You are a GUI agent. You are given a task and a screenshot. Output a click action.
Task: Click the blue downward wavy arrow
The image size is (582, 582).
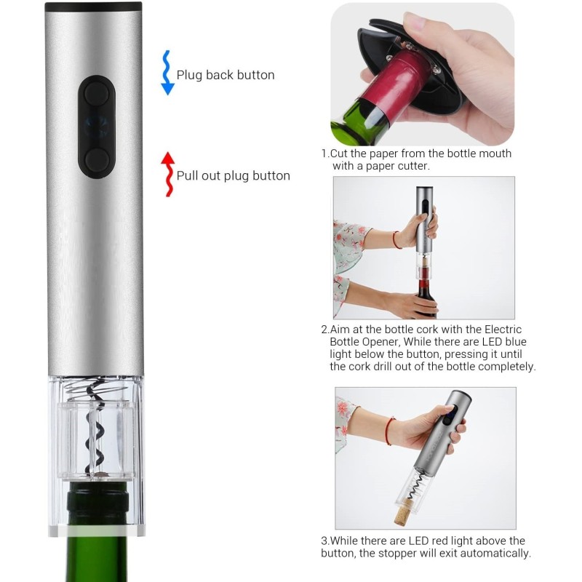click(x=167, y=73)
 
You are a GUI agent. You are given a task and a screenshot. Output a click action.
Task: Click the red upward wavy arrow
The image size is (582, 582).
click(x=169, y=174)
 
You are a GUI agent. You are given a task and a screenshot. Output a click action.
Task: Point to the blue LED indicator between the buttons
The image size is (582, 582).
click(x=96, y=127)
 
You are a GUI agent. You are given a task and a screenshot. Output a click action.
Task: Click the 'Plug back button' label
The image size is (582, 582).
click(x=226, y=75)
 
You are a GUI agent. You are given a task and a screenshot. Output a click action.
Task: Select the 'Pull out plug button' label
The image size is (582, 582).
click(x=233, y=176)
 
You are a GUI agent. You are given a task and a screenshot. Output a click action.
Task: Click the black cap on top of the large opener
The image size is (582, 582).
click(x=93, y=6)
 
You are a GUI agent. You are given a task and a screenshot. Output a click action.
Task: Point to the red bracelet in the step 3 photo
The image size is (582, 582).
click(x=388, y=431)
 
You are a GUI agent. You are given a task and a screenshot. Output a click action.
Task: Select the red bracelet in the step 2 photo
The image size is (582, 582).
click(x=396, y=240)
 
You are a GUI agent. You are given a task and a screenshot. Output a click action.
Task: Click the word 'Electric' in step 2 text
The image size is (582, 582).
click(x=503, y=330)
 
